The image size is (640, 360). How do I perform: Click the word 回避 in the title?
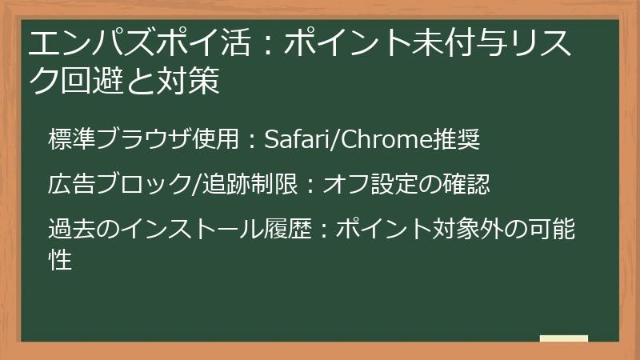(90, 81)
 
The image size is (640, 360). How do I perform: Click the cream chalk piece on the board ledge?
(564, 338)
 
